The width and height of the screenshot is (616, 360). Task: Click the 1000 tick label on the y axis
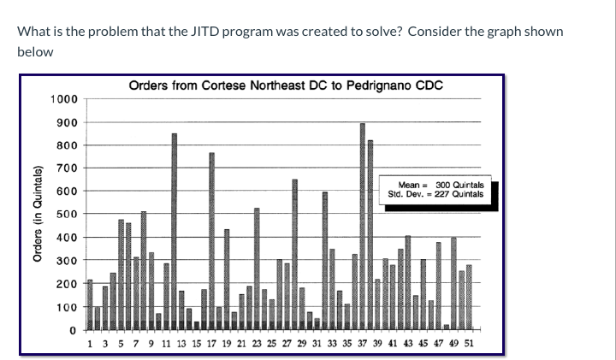click(x=64, y=99)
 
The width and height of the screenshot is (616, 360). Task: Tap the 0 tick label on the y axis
click(x=73, y=330)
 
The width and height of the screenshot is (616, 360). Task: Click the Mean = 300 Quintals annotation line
click(x=441, y=185)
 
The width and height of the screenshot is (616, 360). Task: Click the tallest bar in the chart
click(x=363, y=226)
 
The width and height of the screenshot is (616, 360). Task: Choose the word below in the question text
click(x=35, y=52)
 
